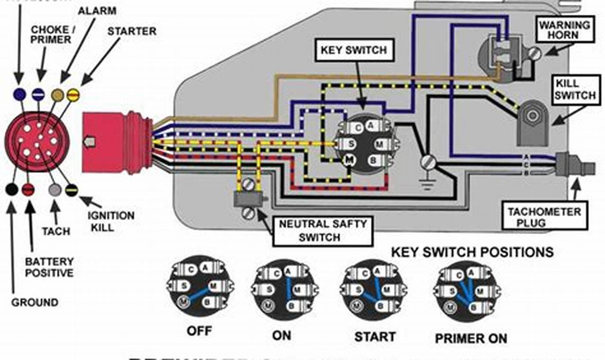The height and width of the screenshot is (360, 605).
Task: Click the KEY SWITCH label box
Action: click(354, 50)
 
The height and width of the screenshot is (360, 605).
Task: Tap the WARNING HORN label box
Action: click(564, 30)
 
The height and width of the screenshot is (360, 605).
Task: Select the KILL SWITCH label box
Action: click(575, 90)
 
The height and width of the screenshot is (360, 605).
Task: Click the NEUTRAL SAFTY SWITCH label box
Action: click(322, 230)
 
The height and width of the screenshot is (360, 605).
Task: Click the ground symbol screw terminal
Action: click(428, 162)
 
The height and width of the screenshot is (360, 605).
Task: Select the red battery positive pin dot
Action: click(28, 189)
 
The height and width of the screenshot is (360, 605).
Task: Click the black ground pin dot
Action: click(12, 189)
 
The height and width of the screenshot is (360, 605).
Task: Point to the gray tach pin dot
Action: click(55, 189)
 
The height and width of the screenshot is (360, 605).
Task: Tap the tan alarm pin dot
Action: click(58, 95)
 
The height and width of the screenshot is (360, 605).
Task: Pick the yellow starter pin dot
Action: click(73, 95)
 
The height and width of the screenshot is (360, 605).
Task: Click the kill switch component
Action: click(533, 123)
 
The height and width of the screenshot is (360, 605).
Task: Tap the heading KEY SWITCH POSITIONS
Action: click(472, 252)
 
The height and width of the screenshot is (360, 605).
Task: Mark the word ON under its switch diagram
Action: click(281, 335)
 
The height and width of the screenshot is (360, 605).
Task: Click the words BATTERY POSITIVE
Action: click(49, 267)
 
